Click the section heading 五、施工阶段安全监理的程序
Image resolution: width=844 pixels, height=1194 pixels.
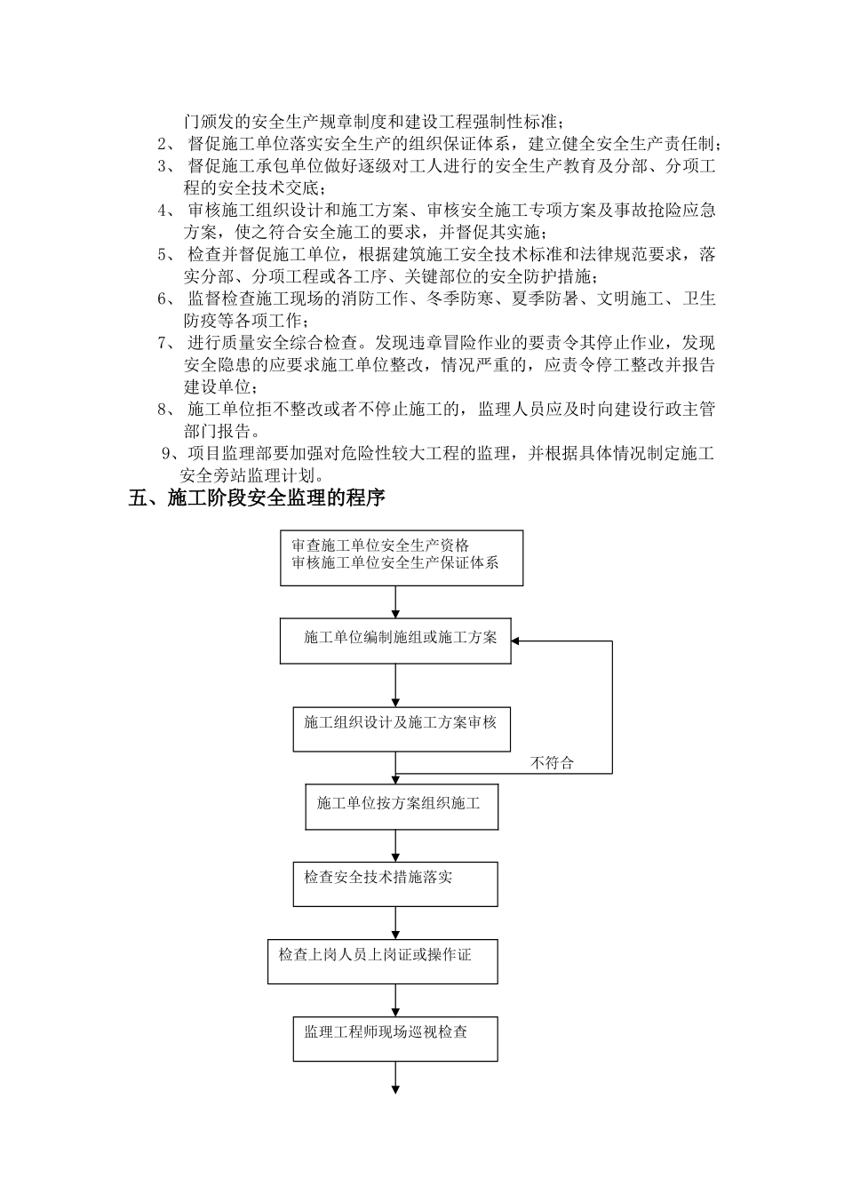257,498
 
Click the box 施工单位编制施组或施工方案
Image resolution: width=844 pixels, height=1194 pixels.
395,640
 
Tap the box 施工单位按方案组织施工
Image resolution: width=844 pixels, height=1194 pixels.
401,806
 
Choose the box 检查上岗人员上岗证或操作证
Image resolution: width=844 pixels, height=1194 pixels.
382,960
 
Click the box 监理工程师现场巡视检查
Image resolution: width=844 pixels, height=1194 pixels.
395,1038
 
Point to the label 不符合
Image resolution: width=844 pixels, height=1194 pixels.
552,762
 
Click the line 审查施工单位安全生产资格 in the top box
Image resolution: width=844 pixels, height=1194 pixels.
380,545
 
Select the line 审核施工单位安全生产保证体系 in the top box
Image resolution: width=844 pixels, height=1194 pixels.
394,562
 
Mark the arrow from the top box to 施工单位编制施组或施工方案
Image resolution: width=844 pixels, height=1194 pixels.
395,601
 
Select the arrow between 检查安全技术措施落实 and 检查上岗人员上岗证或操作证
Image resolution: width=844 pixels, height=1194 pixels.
395,922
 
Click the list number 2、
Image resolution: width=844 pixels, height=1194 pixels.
166,144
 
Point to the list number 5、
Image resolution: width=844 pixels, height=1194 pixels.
166,254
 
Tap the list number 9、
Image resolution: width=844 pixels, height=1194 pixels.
171,454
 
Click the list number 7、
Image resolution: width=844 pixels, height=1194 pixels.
166,343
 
